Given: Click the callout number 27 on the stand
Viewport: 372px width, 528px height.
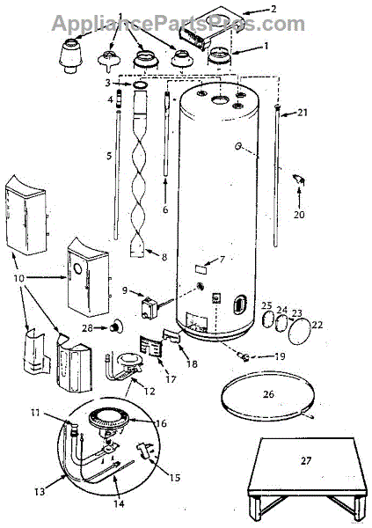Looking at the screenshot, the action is pyautogui.click(x=306, y=460).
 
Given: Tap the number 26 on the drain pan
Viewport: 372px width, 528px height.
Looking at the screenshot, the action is pyautogui.click(x=268, y=393).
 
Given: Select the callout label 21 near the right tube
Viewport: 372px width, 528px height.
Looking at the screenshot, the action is pyautogui.click(x=303, y=112).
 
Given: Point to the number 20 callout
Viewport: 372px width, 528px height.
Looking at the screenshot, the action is pyautogui.click(x=299, y=214).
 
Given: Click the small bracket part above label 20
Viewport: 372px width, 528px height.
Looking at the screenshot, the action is pyautogui.click(x=299, y=180).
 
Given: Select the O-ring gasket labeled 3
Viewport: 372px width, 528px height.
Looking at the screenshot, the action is pyautogui.click(x=141, y=84).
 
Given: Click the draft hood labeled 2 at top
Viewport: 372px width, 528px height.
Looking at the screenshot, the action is pyautogui.click(x=210, y=27).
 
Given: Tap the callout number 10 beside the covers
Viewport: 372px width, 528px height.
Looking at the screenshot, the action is pyautogui.click(x=19, y=278).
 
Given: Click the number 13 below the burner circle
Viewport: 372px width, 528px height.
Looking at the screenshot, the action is pyautogui.click(x=40, y=491).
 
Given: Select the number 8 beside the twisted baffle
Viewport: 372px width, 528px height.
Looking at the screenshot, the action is pyautogui.click(x=164, y=257).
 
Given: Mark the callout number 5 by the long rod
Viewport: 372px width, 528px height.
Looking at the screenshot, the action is pyautogui.click(x=109, y=156).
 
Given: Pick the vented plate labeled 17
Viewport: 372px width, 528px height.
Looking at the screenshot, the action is pyautogui.click(x=151, y=346).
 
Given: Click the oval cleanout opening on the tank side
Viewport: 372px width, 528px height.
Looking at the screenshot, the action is pyautogui.click(x=238, y=305).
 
